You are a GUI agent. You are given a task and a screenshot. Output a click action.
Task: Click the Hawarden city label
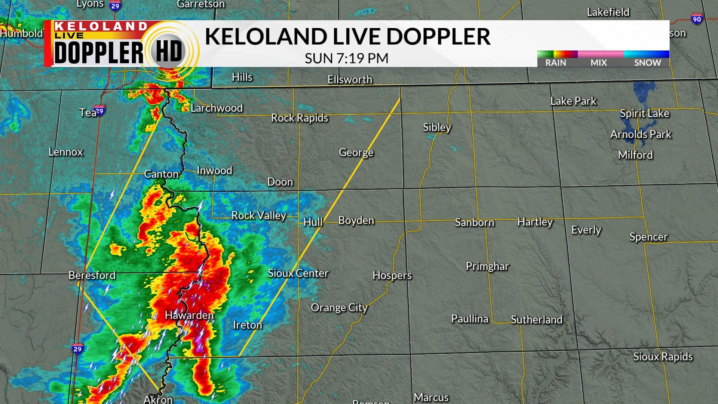click(x=189, y=315)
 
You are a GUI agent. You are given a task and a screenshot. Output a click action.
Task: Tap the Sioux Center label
click(x=298, y=273)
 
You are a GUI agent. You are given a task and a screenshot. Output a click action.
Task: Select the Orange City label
click(x=339, y=307)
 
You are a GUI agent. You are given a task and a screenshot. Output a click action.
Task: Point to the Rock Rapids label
click(x=300, y=118)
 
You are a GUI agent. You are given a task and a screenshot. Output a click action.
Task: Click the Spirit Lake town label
click(x=644, y=113)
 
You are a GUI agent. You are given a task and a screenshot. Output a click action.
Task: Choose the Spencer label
click(x=648, y=237)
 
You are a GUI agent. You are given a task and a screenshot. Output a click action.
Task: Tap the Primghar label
click(x=487, y=266)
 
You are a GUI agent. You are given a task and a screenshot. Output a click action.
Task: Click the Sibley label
click(x=437, y=127)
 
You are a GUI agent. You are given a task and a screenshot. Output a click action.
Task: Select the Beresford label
click(x=92, y=275)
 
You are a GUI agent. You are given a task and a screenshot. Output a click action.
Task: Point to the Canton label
click(x=161, y=174)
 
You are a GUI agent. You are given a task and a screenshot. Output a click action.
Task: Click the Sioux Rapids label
click(x=663, y=356)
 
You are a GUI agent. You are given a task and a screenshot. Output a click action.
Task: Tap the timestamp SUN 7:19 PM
click(x=346, y=58)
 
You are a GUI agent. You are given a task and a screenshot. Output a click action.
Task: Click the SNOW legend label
click(x=647, y=63)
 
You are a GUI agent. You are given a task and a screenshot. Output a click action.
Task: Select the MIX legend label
click(x=598, y=63)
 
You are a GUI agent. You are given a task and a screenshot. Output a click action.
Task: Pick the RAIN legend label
click(x=555, y=63)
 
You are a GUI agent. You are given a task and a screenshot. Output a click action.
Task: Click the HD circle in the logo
click(x=169, y=52)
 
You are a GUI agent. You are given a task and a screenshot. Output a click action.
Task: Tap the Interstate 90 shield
click(x=697, y=19)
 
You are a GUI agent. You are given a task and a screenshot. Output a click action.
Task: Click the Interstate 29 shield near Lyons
click(x=115, y=5)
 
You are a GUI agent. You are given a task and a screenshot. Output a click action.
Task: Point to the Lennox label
click(x=65, y=152)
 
